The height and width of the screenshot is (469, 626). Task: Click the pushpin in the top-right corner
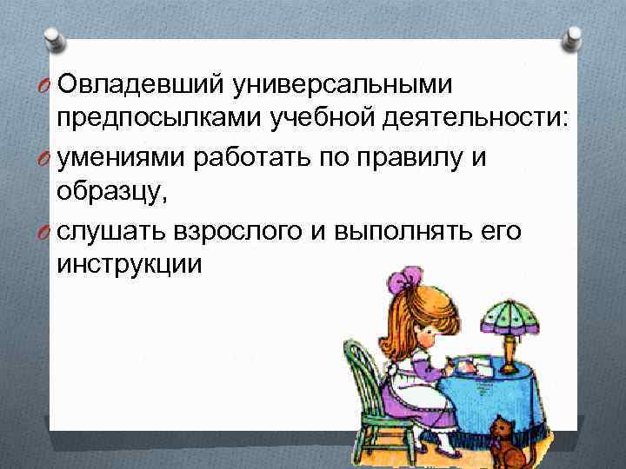pyautogui.click(x=574, y=37)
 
